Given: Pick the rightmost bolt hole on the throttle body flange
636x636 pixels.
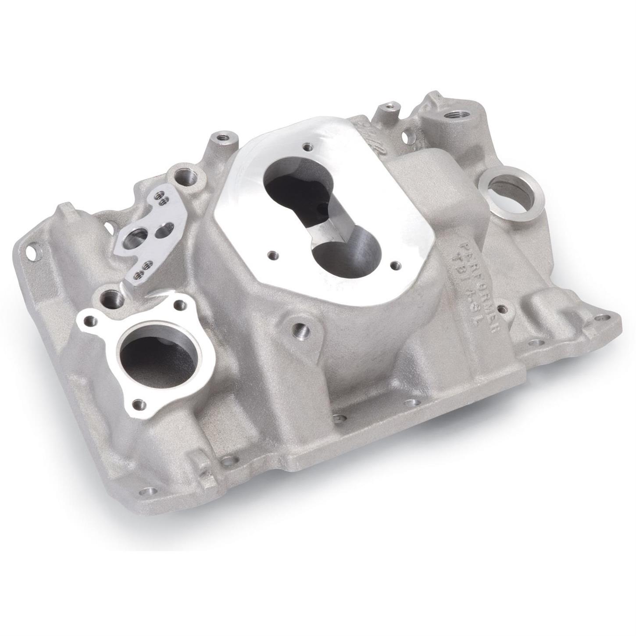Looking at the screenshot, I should click(x=395, y=264).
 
